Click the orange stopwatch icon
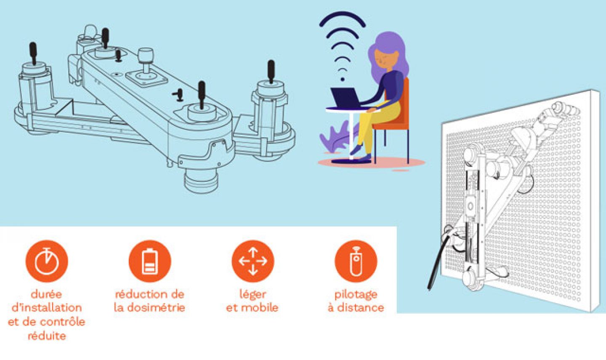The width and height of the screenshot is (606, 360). (47, 261)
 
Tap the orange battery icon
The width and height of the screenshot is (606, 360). (150, 261)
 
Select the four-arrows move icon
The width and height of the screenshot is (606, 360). (252, 261)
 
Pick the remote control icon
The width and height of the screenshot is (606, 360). (356, 261)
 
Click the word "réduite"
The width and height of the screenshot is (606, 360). (47, 336)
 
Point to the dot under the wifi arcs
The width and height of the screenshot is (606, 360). (343, 79)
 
